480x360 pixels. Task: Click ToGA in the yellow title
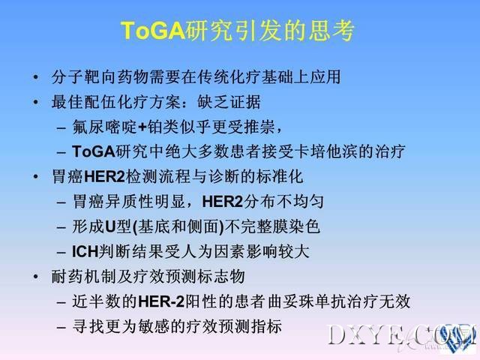(x=153, y=30)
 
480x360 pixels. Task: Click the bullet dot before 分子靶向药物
(x=36, y=76)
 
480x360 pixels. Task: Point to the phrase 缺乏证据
(x=229, y=102)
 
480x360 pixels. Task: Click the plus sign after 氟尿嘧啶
(x=142, y=127)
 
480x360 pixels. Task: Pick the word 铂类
(x=163, y=127)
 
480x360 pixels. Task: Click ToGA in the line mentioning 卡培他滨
(x=94, y=151)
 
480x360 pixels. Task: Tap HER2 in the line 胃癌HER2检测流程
(x=104, y=177)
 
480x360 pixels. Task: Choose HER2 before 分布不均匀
(x=223, y=202)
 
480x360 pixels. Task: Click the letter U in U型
(x=110, y=227)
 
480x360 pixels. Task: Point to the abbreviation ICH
(x=85, y=252)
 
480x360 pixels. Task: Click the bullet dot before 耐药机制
(x=36, y=277)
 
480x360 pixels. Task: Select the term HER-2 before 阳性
(x=161, y=301)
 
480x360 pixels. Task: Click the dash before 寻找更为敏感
(x=61, y=327)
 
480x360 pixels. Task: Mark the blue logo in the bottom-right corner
(x=459, y=337)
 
